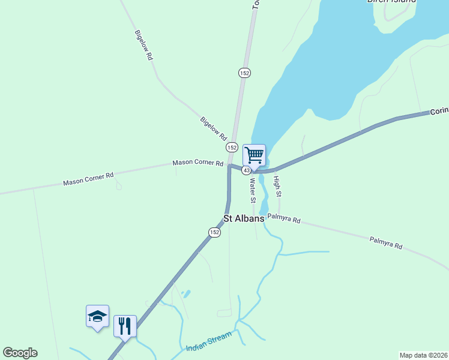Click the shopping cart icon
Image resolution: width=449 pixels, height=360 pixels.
254,155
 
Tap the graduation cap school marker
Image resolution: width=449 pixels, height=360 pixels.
97,316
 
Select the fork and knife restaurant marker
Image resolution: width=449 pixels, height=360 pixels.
125,326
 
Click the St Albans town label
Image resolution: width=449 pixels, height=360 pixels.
244,219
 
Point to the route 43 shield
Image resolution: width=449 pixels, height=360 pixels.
247,170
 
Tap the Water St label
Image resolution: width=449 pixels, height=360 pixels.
253,191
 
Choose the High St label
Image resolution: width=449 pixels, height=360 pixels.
277,187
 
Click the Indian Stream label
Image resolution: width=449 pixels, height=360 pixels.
208,343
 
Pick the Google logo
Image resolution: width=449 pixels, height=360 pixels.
20,353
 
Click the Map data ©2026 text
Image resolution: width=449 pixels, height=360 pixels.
423,355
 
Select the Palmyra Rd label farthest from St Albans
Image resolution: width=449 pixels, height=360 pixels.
385,242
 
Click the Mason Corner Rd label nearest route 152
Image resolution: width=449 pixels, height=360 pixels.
197,163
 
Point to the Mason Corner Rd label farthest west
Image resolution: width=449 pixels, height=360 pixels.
88,179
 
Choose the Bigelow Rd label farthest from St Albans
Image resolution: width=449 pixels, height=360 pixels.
144,45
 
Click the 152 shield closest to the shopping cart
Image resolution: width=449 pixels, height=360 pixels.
232,147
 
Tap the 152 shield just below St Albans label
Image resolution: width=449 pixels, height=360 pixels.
214,232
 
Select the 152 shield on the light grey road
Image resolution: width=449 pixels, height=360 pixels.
244,73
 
